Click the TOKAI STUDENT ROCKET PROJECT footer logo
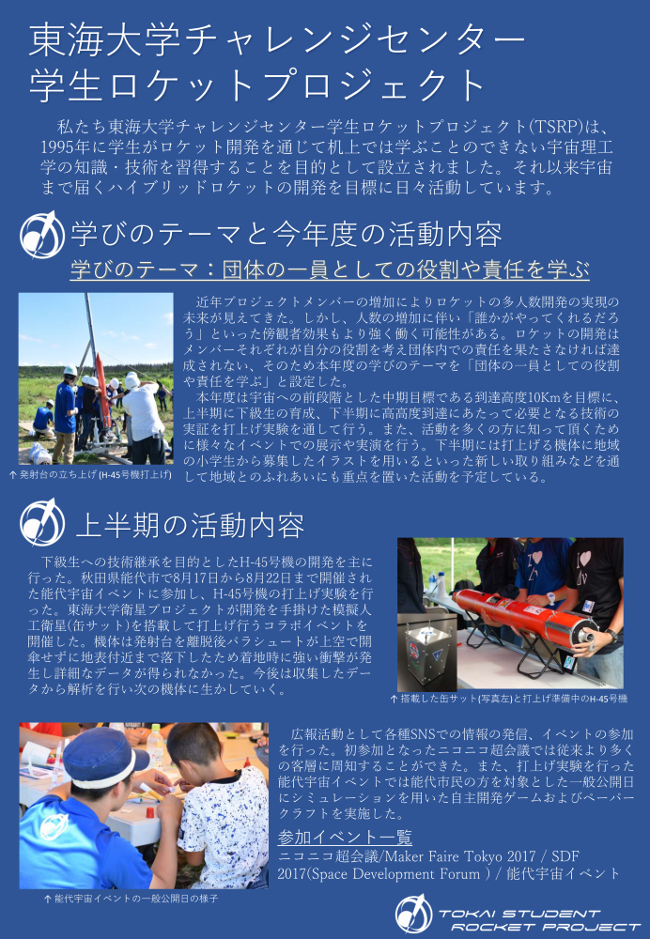(x=518, y=914)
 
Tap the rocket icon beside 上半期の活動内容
(x=42, y=522)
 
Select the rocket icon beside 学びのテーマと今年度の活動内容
(x=42, y=235)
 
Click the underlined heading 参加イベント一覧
(x=345, y=837)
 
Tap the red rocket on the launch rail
(x=102, y=392)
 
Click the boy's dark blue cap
(x=101, y=757)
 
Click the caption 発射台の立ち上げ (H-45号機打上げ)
(x=91, y=475)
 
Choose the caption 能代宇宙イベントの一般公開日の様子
(x=132, y=899)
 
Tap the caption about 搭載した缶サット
(x=509, y=699)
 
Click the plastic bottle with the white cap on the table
(x=155, y=747)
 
